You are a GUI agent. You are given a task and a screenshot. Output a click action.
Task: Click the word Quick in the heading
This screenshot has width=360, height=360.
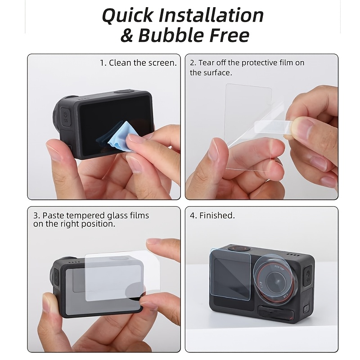(x=127, y=15)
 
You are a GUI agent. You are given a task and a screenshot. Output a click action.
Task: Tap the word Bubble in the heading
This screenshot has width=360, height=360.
(x=171, y=36)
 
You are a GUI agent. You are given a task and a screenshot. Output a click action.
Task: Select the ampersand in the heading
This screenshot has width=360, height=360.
(x=127, y=36)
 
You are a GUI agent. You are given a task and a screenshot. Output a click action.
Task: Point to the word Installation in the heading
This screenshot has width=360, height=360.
(x=211, y=15)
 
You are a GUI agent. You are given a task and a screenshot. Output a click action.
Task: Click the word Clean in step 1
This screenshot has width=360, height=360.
(x=120, y=63)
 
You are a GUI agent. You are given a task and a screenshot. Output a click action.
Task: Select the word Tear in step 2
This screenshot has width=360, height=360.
(x=206, y=63)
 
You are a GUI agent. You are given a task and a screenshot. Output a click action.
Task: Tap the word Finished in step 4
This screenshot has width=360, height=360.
(x=217, y=216)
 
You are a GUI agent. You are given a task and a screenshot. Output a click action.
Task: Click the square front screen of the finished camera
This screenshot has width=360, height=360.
(x=230, y=274)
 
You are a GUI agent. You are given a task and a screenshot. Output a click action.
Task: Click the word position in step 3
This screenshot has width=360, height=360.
(x=98, y=224)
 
